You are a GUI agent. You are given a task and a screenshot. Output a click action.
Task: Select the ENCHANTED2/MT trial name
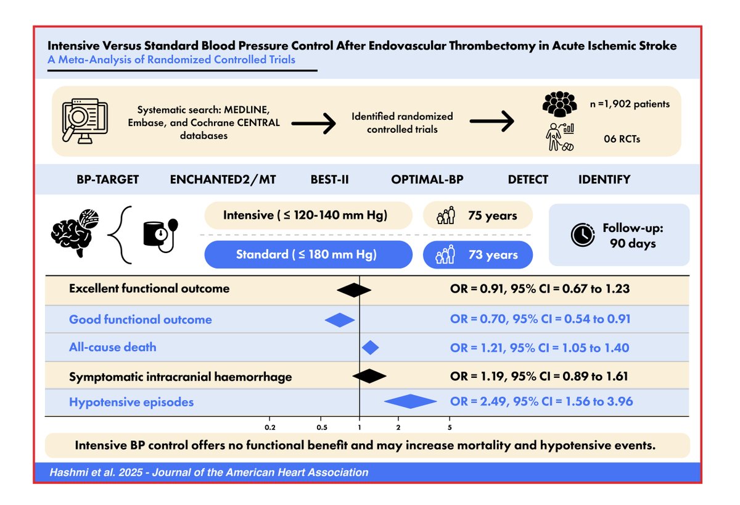(x=223, y=180)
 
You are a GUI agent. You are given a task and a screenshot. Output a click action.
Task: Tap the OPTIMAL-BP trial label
(x=427, y=180)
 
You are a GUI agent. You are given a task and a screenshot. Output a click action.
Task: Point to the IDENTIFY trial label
(x=604, y=180)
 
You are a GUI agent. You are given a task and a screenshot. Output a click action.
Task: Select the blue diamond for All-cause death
(x=370, y=348)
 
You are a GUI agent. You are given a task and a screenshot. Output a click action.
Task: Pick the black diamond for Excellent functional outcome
(x=353, y=289)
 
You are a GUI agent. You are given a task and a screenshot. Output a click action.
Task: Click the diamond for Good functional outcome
(x=340, y=320)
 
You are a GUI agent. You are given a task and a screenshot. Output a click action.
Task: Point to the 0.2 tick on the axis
(x=269, y=427)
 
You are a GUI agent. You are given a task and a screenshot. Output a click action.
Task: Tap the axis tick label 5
(x=450, y=427)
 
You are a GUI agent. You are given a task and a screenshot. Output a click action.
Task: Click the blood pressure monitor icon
(x=159, y=235)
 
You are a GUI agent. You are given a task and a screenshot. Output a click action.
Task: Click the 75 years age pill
(x=478, y=216)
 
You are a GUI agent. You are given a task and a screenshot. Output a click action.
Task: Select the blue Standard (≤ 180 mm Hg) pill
(x=308, y=254)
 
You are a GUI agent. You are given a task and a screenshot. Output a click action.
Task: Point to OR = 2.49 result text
(x=541, y=402)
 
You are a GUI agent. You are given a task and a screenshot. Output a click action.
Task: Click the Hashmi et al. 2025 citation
(x=210, y=472)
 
